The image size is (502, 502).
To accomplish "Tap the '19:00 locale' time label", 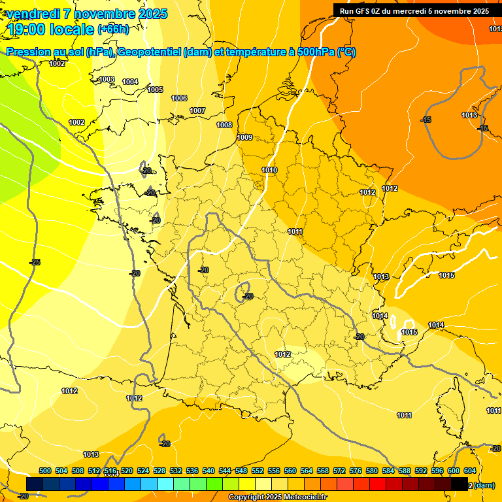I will [x=51, y=29].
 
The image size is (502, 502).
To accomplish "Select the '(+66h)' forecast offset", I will [x=113, y=29].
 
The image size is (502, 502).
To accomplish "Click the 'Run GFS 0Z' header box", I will [x=414, y=11].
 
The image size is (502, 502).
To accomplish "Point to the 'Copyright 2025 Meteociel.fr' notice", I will [x=278, y=497].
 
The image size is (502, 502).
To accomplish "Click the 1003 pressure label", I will [x=107, y=80].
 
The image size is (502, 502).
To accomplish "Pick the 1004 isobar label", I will [x=130, y=82].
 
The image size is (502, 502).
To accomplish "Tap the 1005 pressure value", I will [x=155, y=90].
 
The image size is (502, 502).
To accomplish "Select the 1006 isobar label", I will [x=179, y=98].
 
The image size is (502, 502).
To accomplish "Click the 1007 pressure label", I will [x=197, y=110].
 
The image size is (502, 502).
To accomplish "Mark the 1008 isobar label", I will [x=224, y=125].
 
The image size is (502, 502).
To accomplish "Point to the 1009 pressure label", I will [x=244, y=137].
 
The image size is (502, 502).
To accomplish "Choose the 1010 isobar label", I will [x=269, y=170].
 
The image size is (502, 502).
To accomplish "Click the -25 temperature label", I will [x=35, y=262].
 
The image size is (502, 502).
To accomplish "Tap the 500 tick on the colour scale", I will [x=45, y=471].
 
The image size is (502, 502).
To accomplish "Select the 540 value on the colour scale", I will [x=209, y=471].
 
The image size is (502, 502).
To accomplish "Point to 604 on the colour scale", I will [x=470, y=471].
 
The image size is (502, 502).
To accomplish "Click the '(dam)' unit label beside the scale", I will [x=483, y=485].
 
